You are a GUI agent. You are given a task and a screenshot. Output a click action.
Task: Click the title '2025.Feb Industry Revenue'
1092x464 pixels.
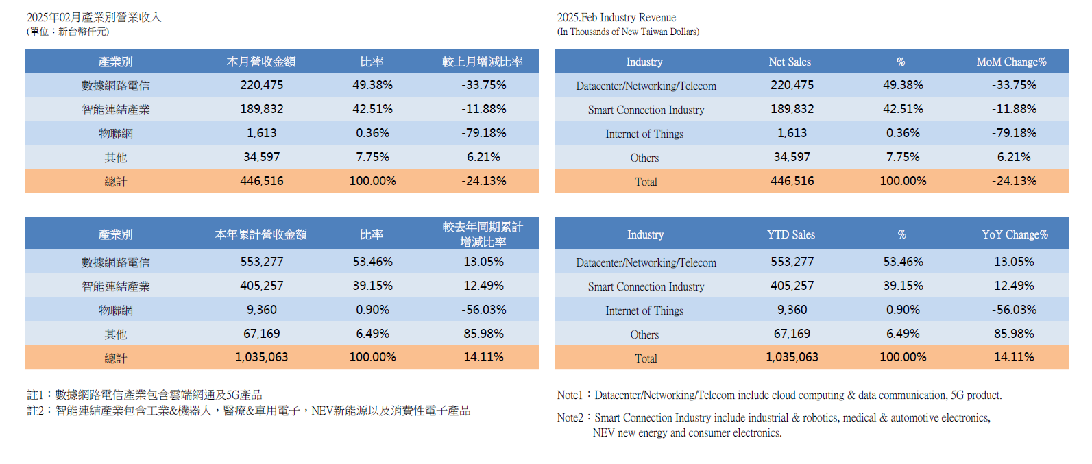616,17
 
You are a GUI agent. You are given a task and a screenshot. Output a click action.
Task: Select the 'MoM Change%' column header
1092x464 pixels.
1011,62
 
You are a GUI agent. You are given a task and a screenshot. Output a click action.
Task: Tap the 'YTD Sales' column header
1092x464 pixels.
790,234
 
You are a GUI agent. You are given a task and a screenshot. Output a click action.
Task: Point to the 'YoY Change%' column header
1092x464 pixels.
1015,234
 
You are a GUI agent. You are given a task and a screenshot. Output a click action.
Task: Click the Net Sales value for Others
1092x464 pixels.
792,157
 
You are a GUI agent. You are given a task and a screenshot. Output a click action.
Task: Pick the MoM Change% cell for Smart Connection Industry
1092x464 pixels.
1014,109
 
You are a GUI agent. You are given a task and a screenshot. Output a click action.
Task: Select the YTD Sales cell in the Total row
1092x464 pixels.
792,357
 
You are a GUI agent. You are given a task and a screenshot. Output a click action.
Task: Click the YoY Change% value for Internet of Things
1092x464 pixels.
1014,310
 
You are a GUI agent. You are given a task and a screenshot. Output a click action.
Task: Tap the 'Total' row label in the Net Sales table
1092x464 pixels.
645,182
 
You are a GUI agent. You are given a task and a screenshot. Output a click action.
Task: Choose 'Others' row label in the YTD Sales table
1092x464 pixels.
644,334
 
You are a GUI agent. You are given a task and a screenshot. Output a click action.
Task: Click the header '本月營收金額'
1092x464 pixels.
261,62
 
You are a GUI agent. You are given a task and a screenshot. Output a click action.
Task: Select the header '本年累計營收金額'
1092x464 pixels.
261,234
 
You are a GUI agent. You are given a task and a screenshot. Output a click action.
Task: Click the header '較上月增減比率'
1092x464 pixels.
483,62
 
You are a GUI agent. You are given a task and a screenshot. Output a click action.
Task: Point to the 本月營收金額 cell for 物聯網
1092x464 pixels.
261,133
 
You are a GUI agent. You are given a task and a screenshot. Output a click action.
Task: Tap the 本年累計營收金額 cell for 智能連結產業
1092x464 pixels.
261,286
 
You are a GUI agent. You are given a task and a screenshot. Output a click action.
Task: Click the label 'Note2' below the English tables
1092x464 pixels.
570,417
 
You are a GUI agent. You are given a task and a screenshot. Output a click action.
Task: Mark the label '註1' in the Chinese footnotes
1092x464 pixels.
35,395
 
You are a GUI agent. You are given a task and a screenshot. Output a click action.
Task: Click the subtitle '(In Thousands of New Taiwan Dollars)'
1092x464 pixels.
628,32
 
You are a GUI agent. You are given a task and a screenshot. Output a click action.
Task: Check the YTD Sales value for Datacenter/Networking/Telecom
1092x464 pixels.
792,262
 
